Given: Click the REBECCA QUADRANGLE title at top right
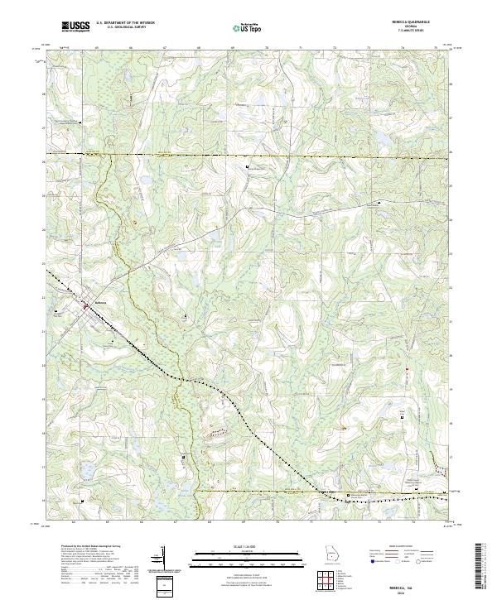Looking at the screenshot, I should (418, 23).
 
